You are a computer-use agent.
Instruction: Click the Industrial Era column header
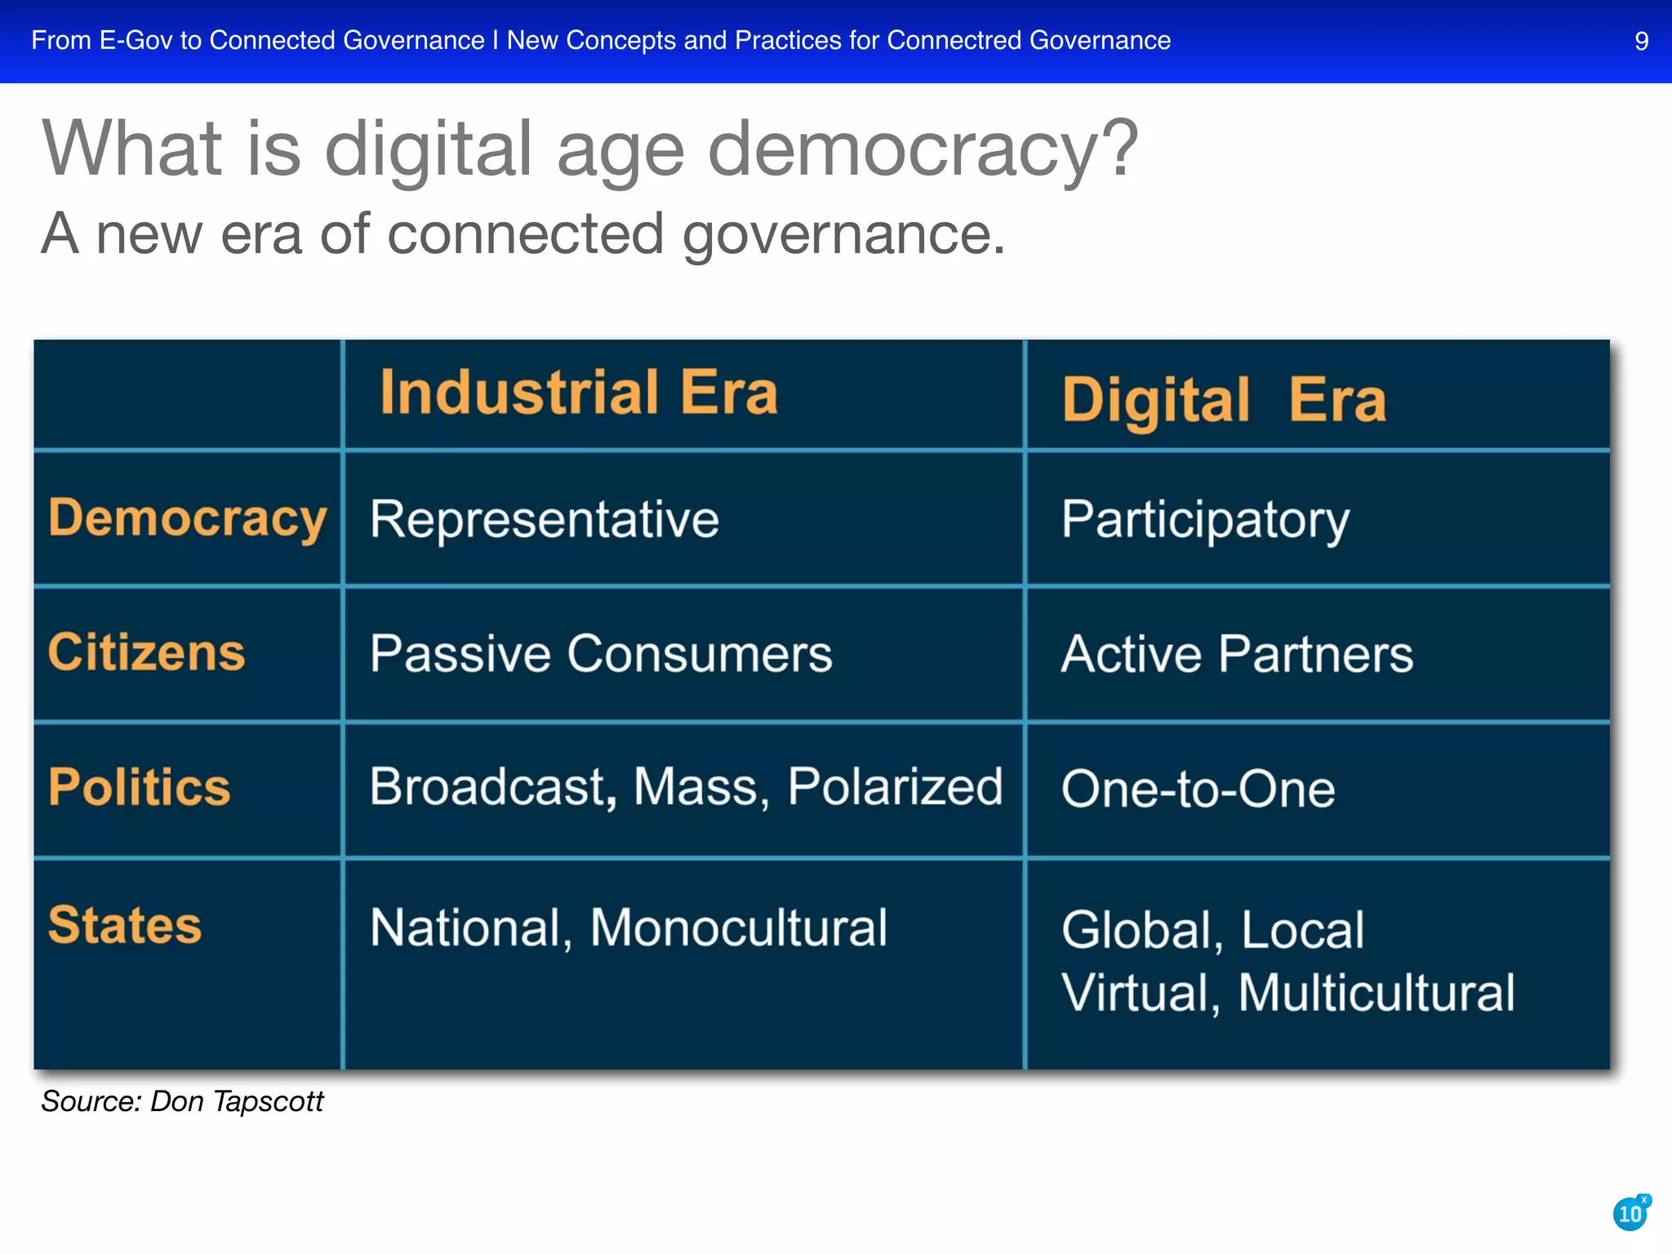tap(579, 394)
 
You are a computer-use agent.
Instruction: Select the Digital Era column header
tap(1223, 400)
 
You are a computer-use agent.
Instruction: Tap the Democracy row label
tap(187, 518)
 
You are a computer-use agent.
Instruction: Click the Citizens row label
tap(146, 652)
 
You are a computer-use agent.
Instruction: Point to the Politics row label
tap(139, 787)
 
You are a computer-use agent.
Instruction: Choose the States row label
tap(124, 925)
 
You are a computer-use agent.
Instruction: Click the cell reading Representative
tap(544, 519)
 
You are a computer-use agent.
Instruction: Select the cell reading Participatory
tap(1205, 520)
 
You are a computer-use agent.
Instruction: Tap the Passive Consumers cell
tap(601, 654)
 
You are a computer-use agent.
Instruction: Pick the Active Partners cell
tap(1236, 654)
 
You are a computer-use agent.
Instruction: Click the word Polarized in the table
tap(895, 787)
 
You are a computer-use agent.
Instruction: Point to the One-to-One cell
tap(1198, 789)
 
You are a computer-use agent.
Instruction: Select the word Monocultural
tap(738, 928)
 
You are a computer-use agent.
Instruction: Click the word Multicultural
tap(1376, 993)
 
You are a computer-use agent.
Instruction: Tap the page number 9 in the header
tap(1641, 41)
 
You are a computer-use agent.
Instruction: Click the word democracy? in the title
tap(922, 149)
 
